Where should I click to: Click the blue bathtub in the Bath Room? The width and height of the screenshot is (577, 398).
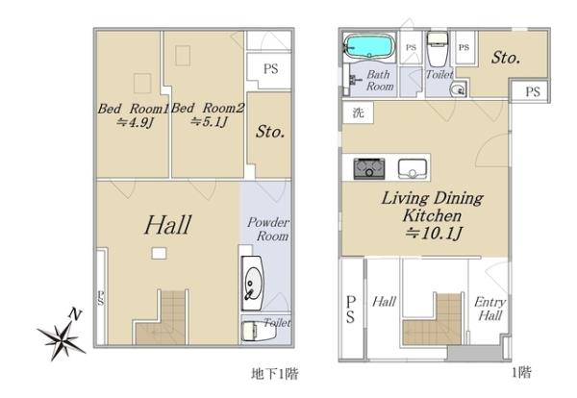point(369,47)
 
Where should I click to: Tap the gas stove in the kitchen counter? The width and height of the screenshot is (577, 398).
point(369,169)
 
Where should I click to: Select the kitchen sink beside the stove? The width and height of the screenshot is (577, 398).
point(413,169)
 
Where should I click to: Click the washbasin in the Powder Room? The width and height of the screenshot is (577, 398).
point(253,284)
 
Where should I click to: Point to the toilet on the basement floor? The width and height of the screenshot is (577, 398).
point(259,331)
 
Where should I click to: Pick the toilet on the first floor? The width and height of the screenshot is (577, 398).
point(438,49)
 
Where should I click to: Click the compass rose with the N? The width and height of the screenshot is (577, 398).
point(61,336)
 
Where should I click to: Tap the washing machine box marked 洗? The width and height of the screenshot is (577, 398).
point(358,112)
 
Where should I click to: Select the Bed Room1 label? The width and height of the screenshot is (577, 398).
point(134,109)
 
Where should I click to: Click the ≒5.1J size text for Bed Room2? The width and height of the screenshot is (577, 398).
point(209,121)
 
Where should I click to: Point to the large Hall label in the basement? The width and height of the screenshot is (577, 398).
point(167,225)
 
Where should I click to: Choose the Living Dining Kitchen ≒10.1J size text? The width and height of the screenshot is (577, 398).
point(434,234)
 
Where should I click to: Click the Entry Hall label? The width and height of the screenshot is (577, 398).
point(489,309)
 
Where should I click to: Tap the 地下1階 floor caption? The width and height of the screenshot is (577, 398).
point(274,374)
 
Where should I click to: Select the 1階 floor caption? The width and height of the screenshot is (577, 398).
point(521,373)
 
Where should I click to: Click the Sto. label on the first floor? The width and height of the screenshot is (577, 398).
point(506,58)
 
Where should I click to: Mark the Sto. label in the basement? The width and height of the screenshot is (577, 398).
point(270,132)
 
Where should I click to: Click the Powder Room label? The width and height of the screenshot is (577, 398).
point(268,229)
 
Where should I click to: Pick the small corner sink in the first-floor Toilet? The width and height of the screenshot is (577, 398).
point(459,89)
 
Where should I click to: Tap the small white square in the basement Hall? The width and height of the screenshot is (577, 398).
point(159,253)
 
